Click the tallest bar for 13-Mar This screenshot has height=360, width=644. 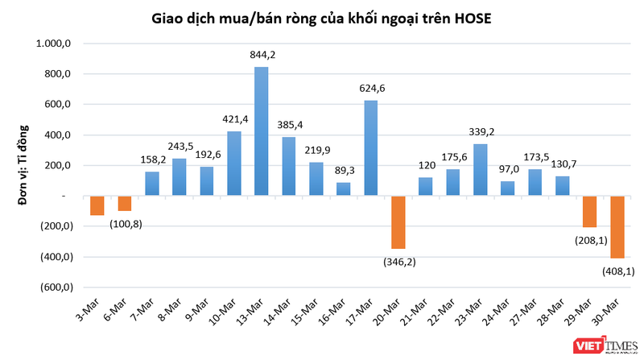coord(261,131)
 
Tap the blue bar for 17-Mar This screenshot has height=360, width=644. coord(371,148)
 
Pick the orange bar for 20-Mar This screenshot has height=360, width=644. coord(398,222)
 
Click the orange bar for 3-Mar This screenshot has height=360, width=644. coord(97,205)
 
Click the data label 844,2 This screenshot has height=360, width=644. coord(262,56)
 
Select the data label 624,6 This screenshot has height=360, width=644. coord(371,89)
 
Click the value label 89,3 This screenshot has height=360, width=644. coord(344,171)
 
